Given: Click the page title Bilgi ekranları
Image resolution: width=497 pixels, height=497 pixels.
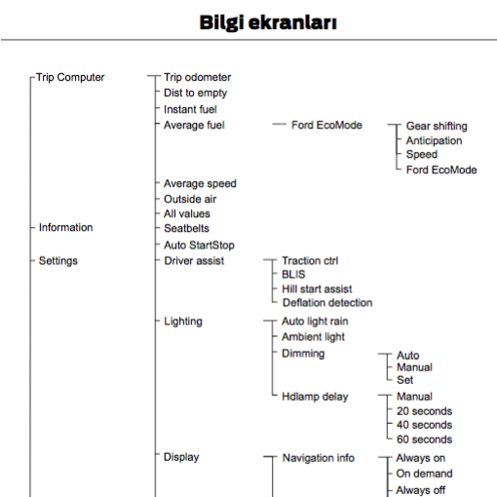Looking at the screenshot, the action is [268, 22].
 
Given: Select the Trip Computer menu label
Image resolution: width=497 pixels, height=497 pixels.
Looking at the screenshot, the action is [70, 77].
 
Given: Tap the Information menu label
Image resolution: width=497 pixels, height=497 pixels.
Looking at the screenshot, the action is [66, 227].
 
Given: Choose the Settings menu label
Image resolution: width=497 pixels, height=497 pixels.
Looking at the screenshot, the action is [58, 261].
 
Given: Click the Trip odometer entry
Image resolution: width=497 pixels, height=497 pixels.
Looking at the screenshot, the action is [198, 77].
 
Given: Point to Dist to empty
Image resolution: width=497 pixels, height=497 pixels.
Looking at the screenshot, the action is [196, 94].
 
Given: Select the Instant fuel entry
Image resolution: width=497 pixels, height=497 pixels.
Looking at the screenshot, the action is [190, 109].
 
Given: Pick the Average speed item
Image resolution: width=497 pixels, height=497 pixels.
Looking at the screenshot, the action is [200, 184].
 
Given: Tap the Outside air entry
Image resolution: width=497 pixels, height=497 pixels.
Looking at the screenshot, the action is [190, 199].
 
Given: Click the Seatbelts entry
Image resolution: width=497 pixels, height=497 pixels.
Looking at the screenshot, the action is [187, 228].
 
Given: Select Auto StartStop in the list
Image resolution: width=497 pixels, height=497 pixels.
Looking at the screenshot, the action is [199, 246].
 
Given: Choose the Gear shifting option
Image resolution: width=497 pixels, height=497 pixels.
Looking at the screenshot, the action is [437, 126].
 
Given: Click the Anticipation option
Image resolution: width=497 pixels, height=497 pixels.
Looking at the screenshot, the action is [435, 140].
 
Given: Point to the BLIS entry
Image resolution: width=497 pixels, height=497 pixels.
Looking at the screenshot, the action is [293, 275].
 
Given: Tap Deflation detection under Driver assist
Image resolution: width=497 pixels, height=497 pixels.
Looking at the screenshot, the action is [327, 303].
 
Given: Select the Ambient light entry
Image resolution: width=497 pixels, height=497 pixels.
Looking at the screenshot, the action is [313, 337].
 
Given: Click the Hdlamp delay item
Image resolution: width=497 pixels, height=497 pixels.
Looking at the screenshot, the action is [315, 397].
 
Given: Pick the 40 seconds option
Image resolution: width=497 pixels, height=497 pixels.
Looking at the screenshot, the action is [425, 425].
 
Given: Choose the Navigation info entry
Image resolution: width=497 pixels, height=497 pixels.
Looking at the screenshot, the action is [319, 458].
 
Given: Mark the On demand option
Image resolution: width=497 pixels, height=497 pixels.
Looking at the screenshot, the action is [424, 474].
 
